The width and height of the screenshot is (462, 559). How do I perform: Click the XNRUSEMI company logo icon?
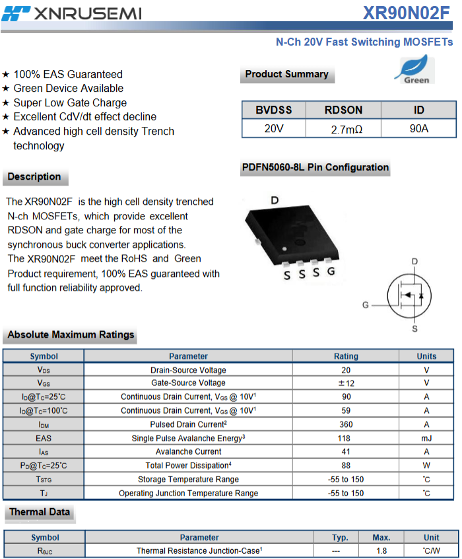[x=16, y=14]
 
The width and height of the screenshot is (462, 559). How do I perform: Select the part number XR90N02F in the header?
[x=406, y=13]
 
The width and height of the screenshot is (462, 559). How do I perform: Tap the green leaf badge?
[x=414, y=69]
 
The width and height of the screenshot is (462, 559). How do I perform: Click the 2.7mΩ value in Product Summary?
[x=346, y=130]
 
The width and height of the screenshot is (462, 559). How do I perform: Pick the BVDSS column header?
[x=273, y=110]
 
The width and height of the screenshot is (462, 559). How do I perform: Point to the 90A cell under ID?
[x=419, y=129]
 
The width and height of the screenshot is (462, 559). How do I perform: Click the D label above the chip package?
[x=275, y=200]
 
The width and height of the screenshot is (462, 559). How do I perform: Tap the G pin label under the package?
[x=331, y=272]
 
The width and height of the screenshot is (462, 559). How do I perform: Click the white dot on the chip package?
[x=284, y=249]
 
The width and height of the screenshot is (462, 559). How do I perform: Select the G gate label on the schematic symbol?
[x=366, y=305]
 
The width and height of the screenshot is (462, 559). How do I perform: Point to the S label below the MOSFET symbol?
[x=414, y=328]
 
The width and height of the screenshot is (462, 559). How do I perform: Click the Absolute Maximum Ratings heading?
[x=71, y=335]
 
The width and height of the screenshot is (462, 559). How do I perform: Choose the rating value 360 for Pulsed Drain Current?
[x=346, y=425]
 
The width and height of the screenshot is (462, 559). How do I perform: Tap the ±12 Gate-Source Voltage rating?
[x=346, y=383]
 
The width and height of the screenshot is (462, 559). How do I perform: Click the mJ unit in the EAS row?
[x=426, y=438]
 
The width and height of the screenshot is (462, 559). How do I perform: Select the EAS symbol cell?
[x=44, y=438]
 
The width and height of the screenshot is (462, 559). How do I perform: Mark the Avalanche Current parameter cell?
[x=189, y=452]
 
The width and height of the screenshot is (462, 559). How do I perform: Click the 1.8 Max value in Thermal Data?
[x=381, y=551]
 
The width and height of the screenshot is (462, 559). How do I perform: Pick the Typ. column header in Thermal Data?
[x=340, y=538]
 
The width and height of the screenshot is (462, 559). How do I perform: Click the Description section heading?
[x=34, y=177]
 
